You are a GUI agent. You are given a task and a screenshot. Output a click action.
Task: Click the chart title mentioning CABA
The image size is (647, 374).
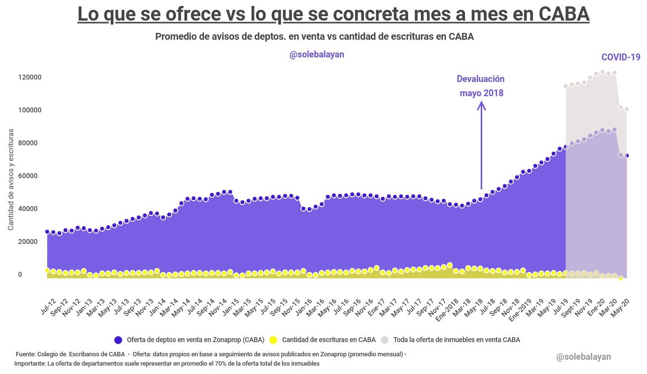pos(334,14)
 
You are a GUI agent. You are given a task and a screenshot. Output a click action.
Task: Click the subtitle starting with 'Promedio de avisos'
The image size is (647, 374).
pos(314,37)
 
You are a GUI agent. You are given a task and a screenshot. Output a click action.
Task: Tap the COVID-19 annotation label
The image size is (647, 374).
pos(621,57)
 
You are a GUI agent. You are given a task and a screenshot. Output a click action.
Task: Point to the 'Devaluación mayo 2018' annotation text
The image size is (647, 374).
pos(481,86)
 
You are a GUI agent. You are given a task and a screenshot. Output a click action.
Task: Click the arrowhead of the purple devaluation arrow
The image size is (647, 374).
pos(481,106)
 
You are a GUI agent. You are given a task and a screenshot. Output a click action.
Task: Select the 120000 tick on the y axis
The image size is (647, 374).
pos(30,77)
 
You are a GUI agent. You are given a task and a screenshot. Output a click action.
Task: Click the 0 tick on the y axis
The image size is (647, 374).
pos(20,274)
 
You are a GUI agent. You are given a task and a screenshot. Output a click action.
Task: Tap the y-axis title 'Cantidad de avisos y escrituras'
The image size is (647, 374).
pos(11,180)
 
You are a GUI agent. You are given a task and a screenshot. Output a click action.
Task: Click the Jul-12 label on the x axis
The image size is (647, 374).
pos(49,307)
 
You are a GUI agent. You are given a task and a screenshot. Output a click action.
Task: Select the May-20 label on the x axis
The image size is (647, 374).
pos(621,308)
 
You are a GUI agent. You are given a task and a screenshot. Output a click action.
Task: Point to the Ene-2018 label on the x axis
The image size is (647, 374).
pos(447,310)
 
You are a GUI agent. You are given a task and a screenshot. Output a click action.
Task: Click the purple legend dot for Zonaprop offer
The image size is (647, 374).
pos(118,340)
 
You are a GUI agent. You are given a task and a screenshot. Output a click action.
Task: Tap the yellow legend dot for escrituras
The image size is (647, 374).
pos(273,340)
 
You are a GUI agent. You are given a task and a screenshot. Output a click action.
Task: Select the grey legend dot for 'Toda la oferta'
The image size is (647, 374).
pos(385,340)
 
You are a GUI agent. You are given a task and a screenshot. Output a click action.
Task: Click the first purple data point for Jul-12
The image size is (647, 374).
pos(48,232)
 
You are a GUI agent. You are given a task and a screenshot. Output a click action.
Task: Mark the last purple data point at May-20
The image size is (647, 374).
pos(627,156)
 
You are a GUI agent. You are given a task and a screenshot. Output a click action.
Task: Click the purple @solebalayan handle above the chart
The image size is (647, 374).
pos(317,54)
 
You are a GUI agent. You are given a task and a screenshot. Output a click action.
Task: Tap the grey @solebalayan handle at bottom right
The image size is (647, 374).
pos(584,357)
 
